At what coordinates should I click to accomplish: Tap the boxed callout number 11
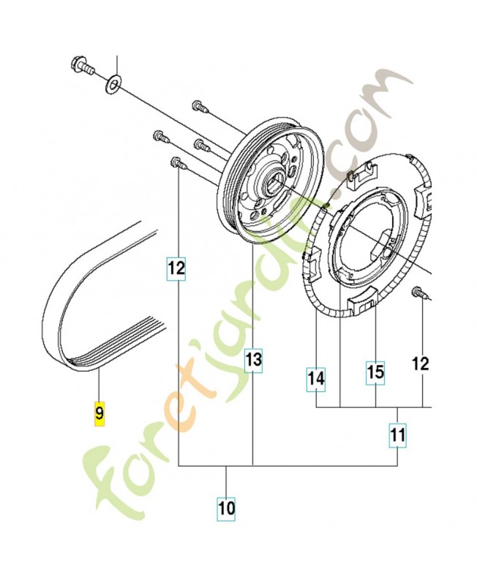397,436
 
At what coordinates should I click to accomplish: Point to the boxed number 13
253,360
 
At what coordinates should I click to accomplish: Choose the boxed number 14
315,379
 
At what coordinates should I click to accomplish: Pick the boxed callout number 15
375,372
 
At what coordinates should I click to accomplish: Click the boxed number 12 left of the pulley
176,268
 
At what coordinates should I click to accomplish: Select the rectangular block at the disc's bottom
359,301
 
